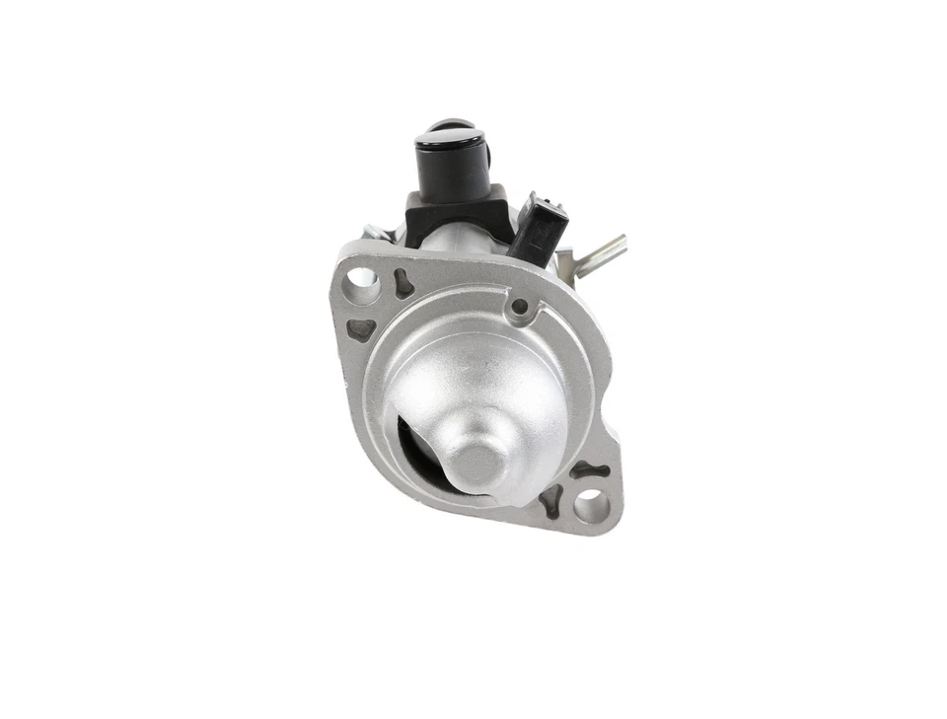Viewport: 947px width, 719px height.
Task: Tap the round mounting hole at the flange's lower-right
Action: coord(591,507)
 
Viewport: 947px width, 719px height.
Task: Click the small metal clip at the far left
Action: coord(374,233)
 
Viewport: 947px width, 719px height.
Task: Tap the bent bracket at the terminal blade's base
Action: coord(565,263)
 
